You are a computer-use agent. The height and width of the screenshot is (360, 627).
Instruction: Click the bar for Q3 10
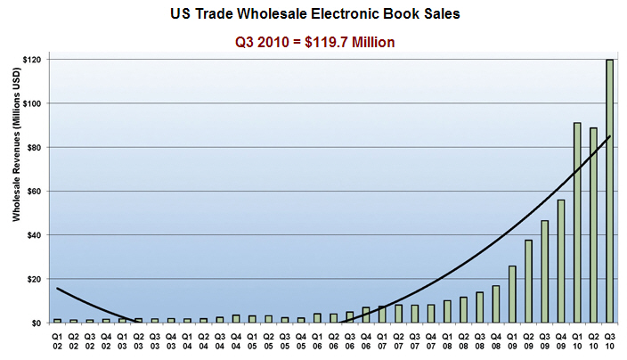[610, 192]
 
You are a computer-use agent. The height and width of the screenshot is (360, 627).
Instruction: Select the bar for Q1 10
[577, 223]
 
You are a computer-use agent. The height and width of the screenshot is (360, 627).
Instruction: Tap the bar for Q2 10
[594, 225]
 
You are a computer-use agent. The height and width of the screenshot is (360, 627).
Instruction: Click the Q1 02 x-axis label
[58, 339]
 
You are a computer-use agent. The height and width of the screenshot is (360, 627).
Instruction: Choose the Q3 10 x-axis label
[610, 339]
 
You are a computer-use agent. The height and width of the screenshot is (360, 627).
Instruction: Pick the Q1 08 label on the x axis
[447, 339]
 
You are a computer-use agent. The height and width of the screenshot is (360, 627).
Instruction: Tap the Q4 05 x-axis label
[301, 339]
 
